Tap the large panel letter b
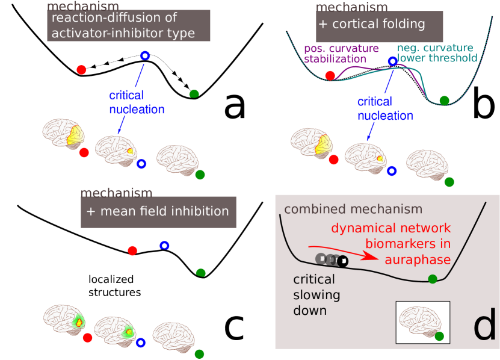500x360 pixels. click(484, 102)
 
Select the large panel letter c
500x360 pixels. click(234, 327)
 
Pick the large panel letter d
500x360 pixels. click(485, 324)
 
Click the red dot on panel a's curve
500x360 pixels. click(81, 70)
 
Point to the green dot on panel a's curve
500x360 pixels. click(194, 94)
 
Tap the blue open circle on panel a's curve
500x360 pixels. click(145, 56)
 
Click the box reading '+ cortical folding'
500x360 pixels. click(379, 26)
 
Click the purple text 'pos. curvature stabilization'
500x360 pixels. click(341, 54)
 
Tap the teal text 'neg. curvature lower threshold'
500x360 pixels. click(437, 52)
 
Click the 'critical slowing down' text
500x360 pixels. click(316, 294)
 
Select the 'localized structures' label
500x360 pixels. click(115, 285)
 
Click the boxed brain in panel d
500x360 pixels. click(422, 322)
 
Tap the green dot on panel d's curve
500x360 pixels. click(433, 279)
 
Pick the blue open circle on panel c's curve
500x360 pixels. click(164, 246)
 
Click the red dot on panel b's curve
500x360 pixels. click(330, 76)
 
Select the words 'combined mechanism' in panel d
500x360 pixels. click(353, 209)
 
